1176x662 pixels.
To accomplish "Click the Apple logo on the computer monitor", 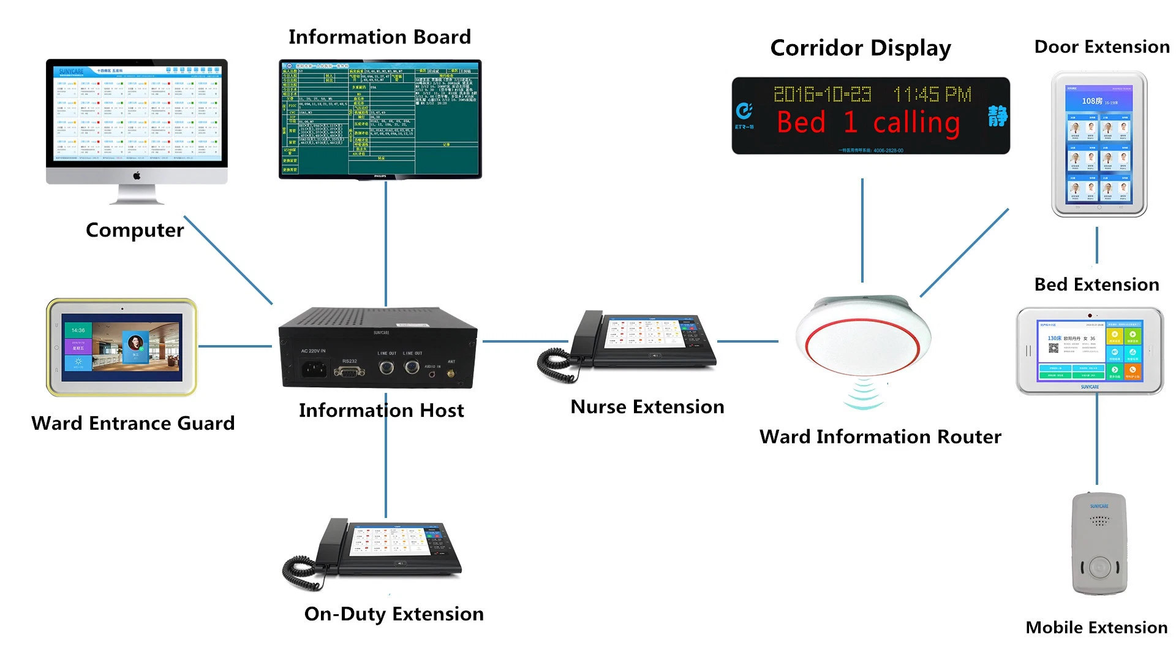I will click(137, 176).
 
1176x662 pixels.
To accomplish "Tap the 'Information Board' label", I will click(380, 37).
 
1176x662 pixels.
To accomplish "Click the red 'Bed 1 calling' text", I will click(868, 123).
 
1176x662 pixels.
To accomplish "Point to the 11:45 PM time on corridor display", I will click(932, 94).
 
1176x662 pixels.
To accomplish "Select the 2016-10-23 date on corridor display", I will click(822, 94).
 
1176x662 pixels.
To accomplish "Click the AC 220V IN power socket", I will click(314, 369).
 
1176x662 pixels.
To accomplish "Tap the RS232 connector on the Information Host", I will click(349, 371).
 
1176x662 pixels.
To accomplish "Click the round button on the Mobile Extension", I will click(1099, 567).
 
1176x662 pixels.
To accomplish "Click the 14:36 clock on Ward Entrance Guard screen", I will click(78, 330).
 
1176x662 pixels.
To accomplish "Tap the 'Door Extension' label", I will click(1101, 47).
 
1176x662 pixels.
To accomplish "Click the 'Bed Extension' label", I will click(1096, 284).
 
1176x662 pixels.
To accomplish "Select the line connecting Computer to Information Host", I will click(228, 259).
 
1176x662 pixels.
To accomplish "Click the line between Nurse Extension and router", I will click(747, 341).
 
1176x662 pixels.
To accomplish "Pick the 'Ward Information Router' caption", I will click(880, 436).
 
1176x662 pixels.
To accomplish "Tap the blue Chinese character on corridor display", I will click(997, 116).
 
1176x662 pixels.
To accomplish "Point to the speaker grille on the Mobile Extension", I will click(1099, 520).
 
